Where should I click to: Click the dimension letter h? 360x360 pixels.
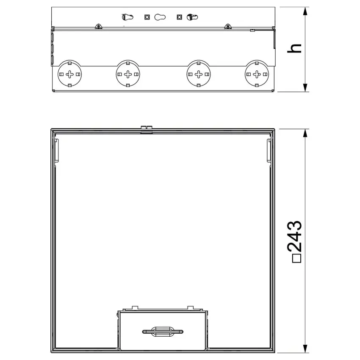[294, 48]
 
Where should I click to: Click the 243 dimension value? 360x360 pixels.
[294, 236]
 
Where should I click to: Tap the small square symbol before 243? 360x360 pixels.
[296, 258]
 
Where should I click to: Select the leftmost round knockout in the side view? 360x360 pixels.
[69, 74]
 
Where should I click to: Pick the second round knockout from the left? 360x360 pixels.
[128, 74]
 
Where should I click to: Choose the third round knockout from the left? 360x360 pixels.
[199, 74]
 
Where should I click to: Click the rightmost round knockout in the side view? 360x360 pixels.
[257, 74]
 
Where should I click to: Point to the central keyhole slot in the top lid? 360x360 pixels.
[160, 17]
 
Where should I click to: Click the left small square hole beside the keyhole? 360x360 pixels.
[147, 17]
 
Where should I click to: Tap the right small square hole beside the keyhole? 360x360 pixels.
[179, 17]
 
